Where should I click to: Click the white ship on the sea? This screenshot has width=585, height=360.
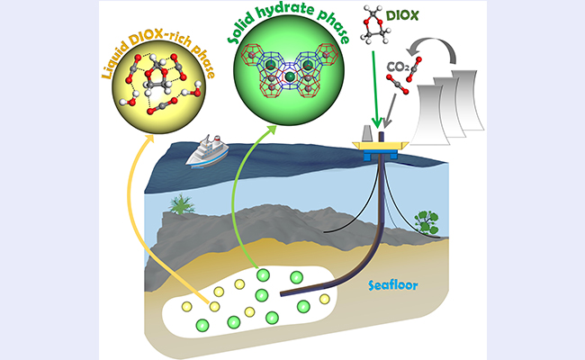[204, 153]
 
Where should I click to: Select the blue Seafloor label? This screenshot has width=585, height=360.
[390, 284]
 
